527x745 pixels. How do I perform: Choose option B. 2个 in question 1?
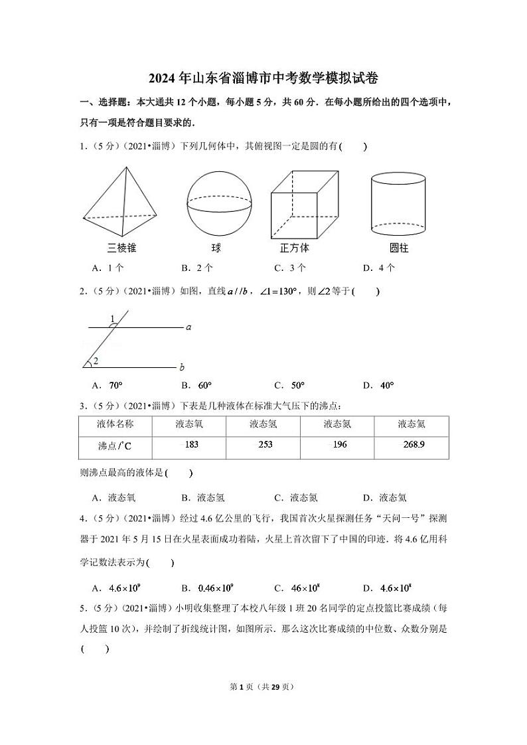pos(197,268)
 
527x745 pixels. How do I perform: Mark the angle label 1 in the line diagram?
pos(113,318)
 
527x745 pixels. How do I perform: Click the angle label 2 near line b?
pos(96,361)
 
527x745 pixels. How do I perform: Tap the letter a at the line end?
pos(188,327)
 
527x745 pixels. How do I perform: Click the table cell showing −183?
pos(189,444)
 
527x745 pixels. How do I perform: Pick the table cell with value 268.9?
pos(412,444)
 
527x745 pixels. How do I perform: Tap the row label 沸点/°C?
pos(115,446)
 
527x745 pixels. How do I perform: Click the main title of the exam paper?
pos(263,78)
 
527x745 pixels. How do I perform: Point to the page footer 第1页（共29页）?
pos(263,687)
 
